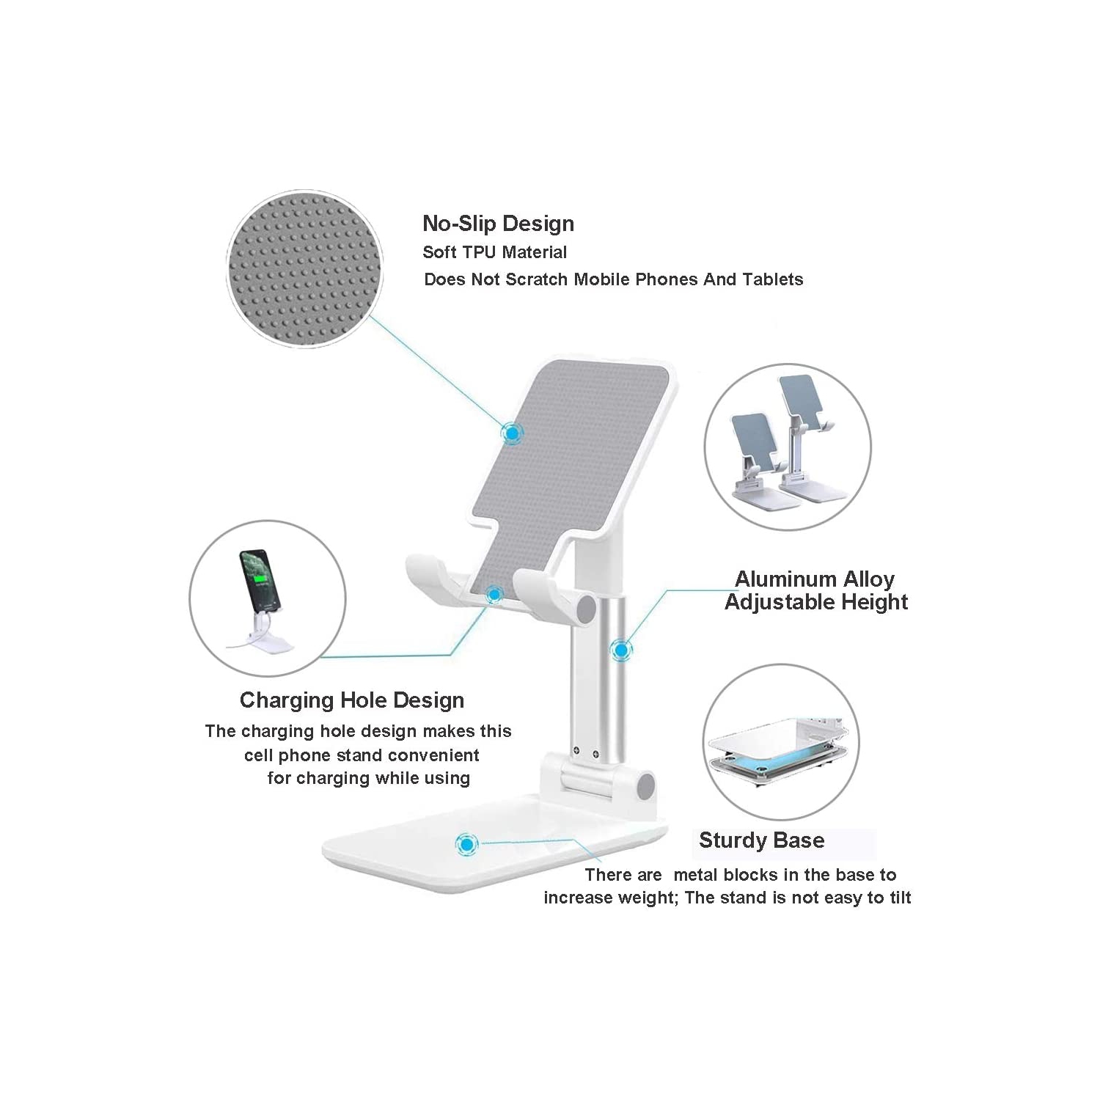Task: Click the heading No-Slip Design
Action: click(498, 224)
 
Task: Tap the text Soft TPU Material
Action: click(494, 252)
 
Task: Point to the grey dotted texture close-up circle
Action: click(304, 268)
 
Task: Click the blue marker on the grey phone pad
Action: click(512, 433)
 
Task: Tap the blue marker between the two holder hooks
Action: click(495, 594)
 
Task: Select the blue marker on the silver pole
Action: click(622, 649)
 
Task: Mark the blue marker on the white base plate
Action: click(466, 844)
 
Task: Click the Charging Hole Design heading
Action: click(352, 700)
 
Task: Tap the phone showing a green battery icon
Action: click(260, 580)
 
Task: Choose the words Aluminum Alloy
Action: click(815, 579)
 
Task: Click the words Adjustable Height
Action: click(816, 602)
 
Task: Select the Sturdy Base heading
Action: click(761, 840)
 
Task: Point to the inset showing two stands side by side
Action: click(788, 446)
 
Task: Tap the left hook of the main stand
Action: click(433, 575)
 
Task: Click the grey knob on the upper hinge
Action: click(587, 611)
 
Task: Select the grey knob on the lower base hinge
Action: click(645, 786)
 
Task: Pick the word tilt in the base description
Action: click(899, 898)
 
